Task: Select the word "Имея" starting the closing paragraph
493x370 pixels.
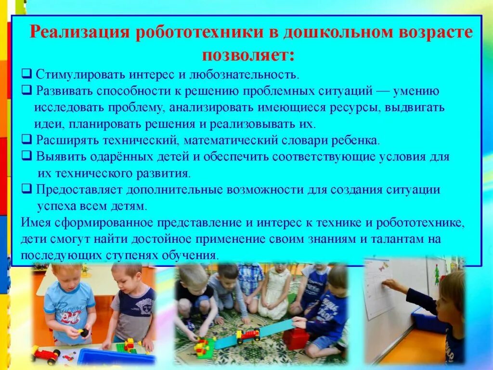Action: (34, 223)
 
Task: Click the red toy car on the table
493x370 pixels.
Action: (45, 354)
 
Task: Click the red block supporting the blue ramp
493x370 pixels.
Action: (295, 339)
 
